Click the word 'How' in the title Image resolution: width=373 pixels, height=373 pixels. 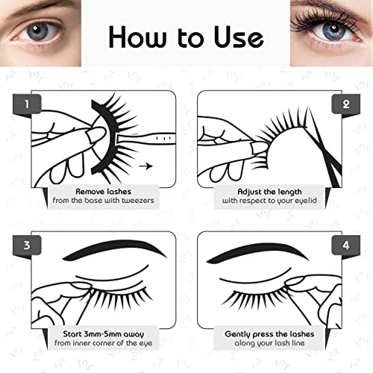(x=134, y=36)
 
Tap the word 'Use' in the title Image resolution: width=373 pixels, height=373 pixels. (x=236, y=36)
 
